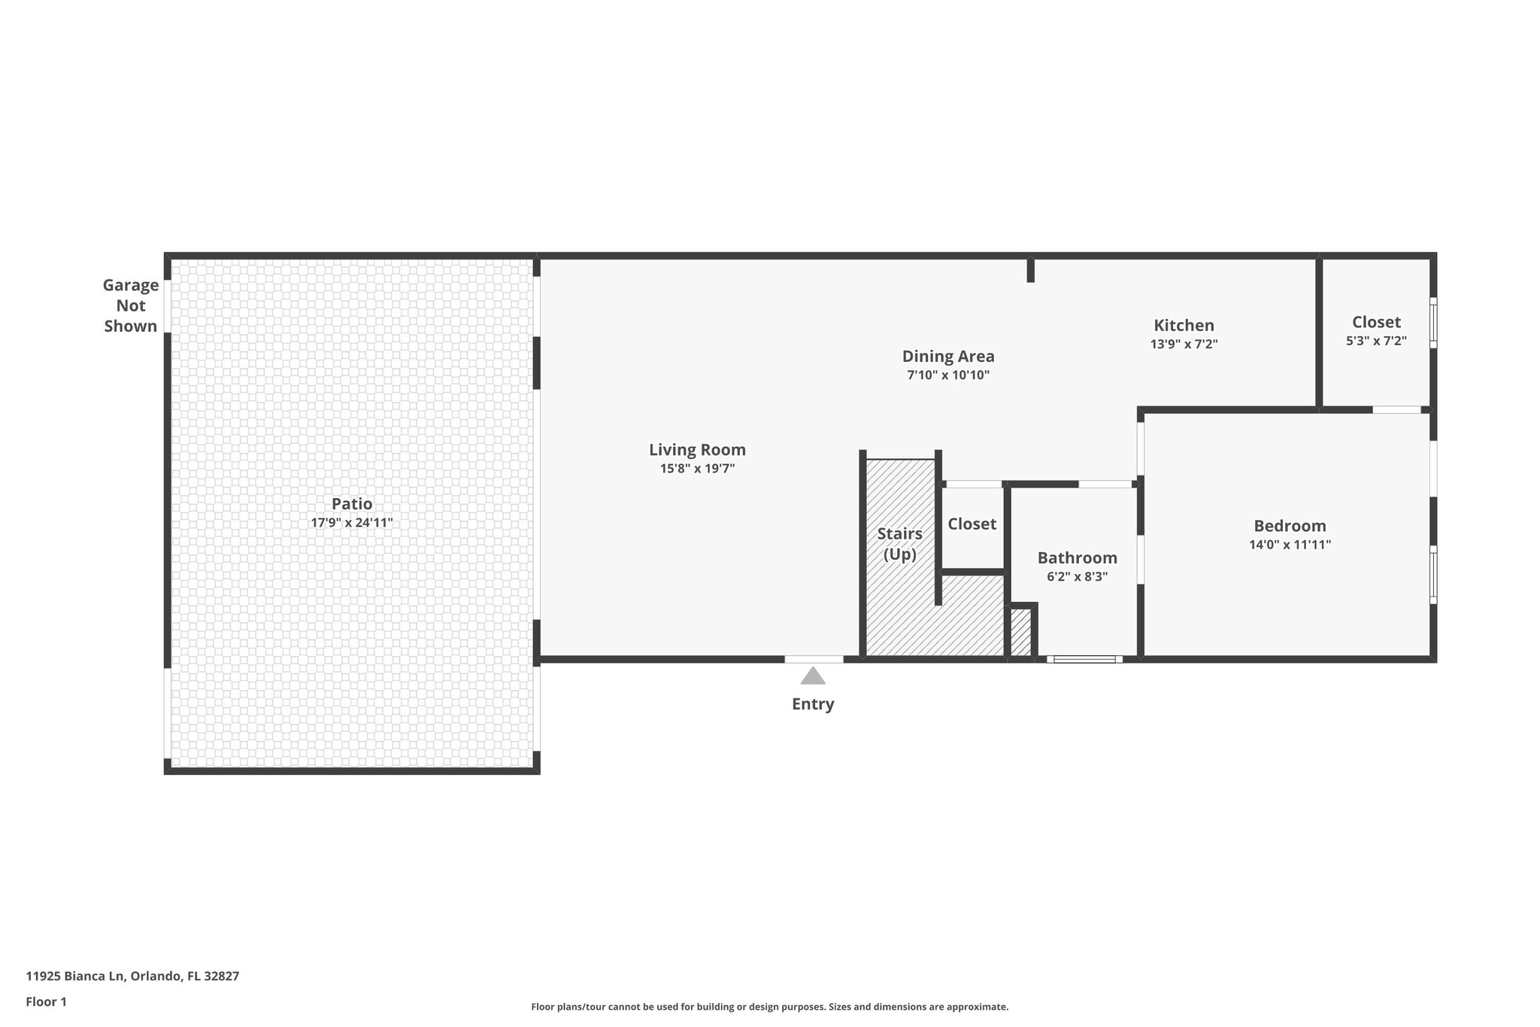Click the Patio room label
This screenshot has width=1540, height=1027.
pos(352,504)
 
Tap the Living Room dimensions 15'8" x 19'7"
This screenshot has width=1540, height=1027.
pos(697,469)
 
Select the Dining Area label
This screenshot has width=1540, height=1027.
pos(947,356)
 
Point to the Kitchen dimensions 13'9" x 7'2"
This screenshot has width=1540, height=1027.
pos(1184,345)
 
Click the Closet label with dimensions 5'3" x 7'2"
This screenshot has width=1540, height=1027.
pos(1375,322)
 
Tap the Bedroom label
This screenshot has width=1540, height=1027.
pos(1290,526)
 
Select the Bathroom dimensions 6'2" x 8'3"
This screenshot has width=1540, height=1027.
pos(1077,577)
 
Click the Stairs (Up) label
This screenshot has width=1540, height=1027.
pos(899,543)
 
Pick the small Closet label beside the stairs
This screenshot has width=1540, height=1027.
pos(972,524)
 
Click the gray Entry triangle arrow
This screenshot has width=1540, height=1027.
pos(813,676)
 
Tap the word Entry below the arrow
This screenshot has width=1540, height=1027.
pos(813,704)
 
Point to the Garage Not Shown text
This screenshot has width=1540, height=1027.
pos(131,305)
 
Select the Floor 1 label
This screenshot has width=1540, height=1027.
pos(46,1002)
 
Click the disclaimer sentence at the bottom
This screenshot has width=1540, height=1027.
pos(769,1007)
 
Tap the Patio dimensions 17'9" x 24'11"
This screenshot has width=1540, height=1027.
pos(352,523)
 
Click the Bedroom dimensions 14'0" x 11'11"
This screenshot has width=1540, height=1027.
pos(1290,545)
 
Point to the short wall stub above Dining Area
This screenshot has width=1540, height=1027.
pos(1031,270)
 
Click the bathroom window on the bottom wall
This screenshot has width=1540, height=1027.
pos(1084,659)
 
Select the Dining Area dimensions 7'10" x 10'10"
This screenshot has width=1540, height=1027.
pos(947,375)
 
